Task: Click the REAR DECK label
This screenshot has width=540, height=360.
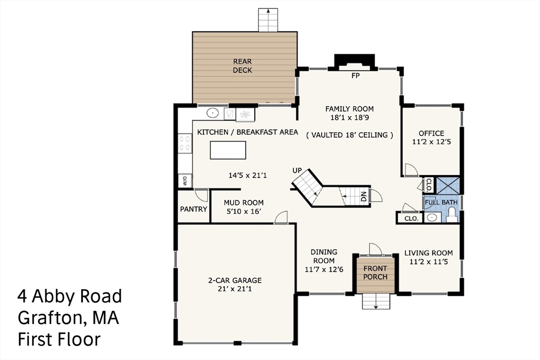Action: [243, 66]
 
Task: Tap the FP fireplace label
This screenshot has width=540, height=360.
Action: [355, 76]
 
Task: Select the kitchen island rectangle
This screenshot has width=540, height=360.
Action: [228, 150]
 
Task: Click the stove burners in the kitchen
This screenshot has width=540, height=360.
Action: [185, 143]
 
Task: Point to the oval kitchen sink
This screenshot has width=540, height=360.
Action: [213, 113]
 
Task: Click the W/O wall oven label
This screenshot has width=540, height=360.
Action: [185, 180]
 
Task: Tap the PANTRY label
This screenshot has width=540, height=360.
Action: [194, 209]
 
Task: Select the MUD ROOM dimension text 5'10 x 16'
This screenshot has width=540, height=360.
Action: [244, 211]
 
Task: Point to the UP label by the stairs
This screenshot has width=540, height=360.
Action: [297, 170]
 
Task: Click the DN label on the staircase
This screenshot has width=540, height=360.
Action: [364, 197]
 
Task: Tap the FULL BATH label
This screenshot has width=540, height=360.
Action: [441, 202]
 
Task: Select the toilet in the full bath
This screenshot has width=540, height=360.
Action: [451, 215]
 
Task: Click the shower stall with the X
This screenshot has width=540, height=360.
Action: [448, 186]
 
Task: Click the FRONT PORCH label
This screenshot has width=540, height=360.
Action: [375, 273]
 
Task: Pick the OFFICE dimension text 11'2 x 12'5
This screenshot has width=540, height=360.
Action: [431, 141]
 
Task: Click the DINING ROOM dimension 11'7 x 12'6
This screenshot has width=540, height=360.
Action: [324, 269]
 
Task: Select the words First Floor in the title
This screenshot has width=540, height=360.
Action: [59, 339]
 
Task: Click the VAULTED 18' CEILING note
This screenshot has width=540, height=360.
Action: [350, 135]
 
